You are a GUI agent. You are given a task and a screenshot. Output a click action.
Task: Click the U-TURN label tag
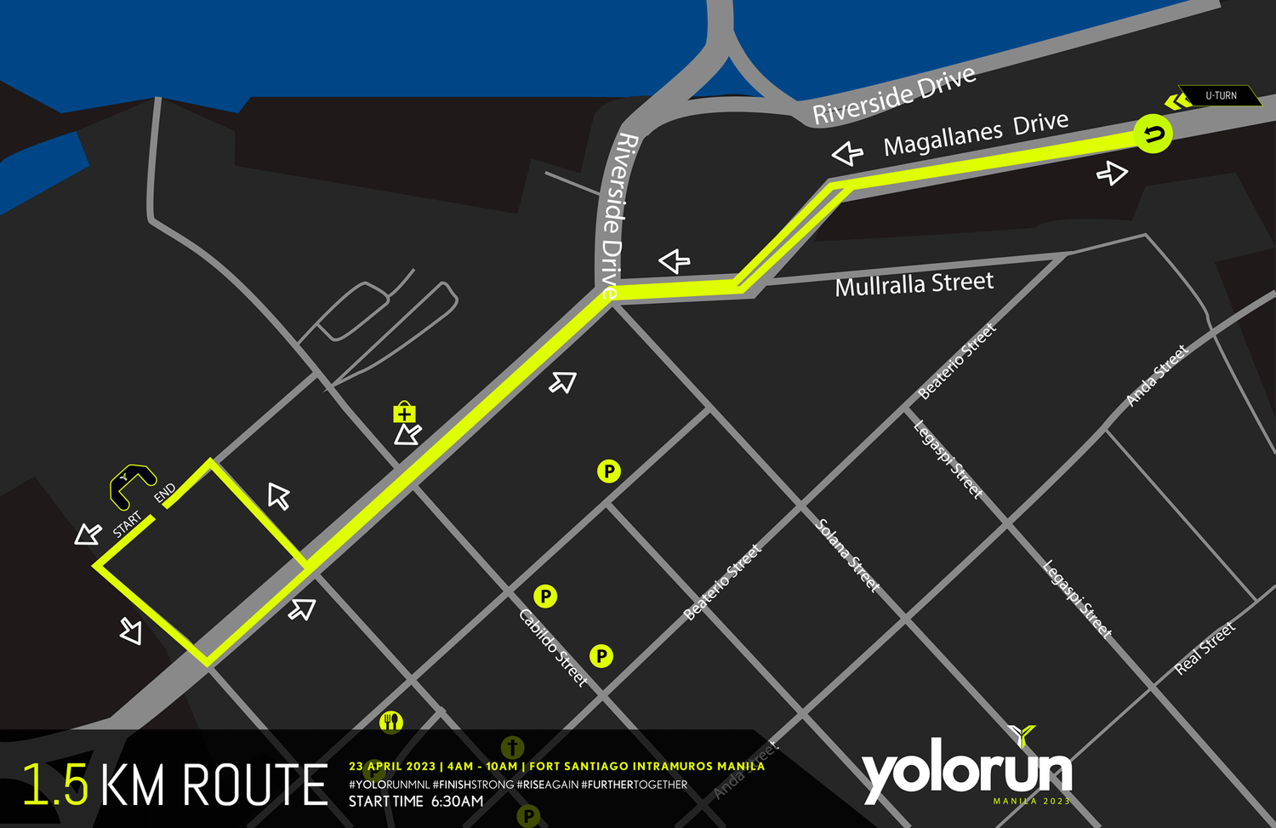click(x=1220, y=95)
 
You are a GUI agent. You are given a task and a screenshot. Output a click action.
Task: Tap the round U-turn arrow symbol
click(x=1153, y=134)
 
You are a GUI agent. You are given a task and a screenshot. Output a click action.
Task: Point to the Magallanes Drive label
click(x=975, y=134)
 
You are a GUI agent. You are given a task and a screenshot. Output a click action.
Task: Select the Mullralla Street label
click(x=914, y=284)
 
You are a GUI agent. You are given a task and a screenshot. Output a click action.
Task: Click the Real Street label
click(x=1205, y=648)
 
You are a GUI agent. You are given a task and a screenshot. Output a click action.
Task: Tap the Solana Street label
click(x=847, y=555)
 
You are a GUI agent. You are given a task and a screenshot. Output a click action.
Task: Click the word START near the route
click(x=128, y=524)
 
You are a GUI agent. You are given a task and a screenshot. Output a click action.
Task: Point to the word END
click(x=164, y=493)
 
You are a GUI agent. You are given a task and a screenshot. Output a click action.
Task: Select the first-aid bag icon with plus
click(x=404, y=414)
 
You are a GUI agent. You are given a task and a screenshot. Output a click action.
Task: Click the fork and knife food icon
click(x=391, y=722)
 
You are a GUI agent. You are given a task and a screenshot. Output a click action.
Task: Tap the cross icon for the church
click(x=512, y=747)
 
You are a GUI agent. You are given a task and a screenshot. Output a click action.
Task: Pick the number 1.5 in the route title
click(x=55, y=785)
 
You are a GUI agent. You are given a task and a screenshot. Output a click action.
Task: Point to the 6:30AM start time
click(x=457, y=802)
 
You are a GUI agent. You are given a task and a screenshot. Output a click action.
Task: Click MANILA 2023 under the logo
click(x=1031, y=802)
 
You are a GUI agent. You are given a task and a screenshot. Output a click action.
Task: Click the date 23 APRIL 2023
click(x=392, y=767)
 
